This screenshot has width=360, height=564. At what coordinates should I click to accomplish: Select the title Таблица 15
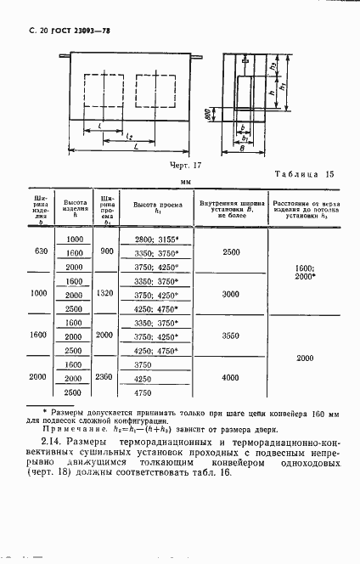coord(305,174)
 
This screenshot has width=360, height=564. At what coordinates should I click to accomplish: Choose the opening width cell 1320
coord(107,293)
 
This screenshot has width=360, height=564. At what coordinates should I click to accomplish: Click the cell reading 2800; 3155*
coord(157,240)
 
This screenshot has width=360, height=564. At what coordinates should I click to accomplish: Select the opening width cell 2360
coord(107,377)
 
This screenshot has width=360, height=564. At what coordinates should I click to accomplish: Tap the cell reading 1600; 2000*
coord(307,272)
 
